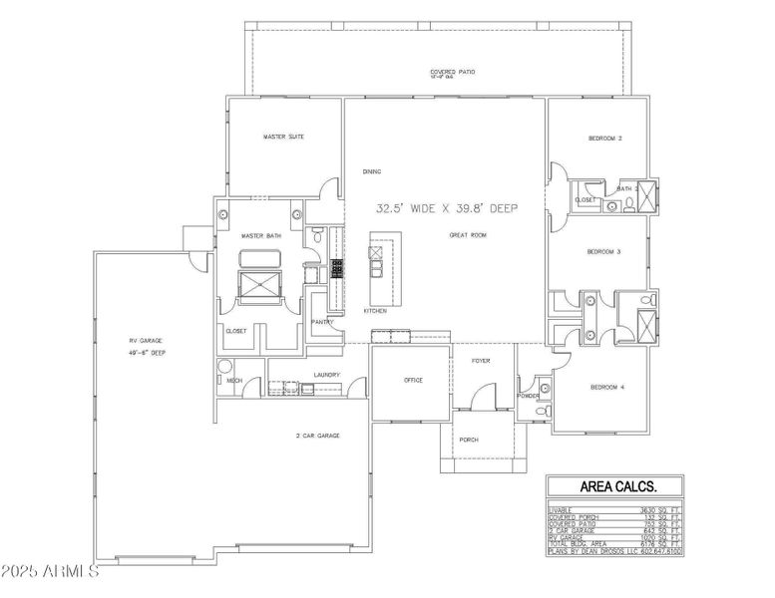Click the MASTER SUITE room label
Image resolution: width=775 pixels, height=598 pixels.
point(282,137)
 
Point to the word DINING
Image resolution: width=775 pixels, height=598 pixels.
point(372,171)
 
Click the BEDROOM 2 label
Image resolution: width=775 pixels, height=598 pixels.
point(604,138)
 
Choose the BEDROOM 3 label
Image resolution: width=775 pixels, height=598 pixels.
point(603,252)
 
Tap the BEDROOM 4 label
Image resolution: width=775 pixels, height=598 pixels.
point(606,387)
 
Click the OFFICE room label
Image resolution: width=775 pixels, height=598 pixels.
point(413,380)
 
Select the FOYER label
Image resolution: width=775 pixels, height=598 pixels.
point(481,361)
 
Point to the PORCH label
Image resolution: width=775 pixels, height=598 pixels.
point(469,440)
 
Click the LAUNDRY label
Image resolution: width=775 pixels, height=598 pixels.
point(326,375)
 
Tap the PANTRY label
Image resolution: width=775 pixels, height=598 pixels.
point(322,322)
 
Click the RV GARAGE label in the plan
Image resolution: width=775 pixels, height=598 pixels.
point(139,341)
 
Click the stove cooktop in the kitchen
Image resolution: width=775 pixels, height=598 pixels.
point(336,267)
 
